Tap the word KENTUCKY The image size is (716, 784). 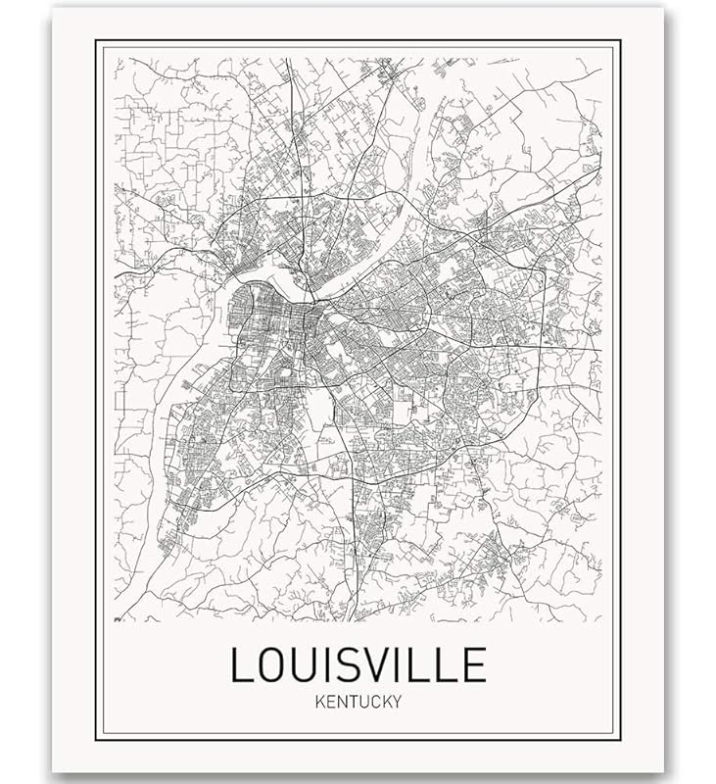(x=358, y=702)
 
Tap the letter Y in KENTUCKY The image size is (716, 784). (x=398, y=702)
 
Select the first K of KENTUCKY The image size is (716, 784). (x=318, y=702)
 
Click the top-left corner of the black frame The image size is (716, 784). (x=96, y=40)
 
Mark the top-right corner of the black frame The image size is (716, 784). (x=621, y=40)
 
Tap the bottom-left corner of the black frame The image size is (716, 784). (x=96, y=740)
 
